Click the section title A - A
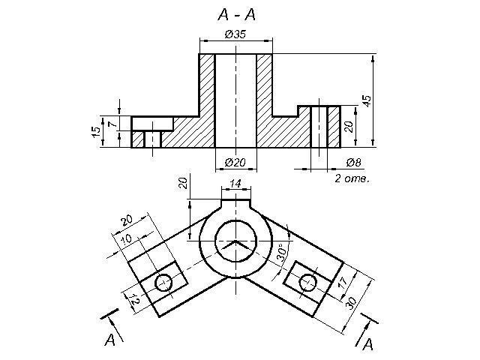coord(236,14)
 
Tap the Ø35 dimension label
coord(235,34)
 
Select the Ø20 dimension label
coord(235,162)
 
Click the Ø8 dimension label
coord(353,162)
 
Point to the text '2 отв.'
coord(352,178)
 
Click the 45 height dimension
coord(367,100)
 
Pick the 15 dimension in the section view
coord(96,132)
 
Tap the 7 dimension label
coord(112,124)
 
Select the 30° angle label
coord(283,252)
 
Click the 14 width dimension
coord(235,183)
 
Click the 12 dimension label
coord(133,298)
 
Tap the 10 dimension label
coord(126,238)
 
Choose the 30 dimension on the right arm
coord(351,302)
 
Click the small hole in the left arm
coord(164,282)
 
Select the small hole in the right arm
coord(308,282)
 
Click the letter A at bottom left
coord(109,340)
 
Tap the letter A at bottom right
coord(367,344)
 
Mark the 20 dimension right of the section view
coord(349,126)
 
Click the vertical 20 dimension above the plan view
coord(183,183)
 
